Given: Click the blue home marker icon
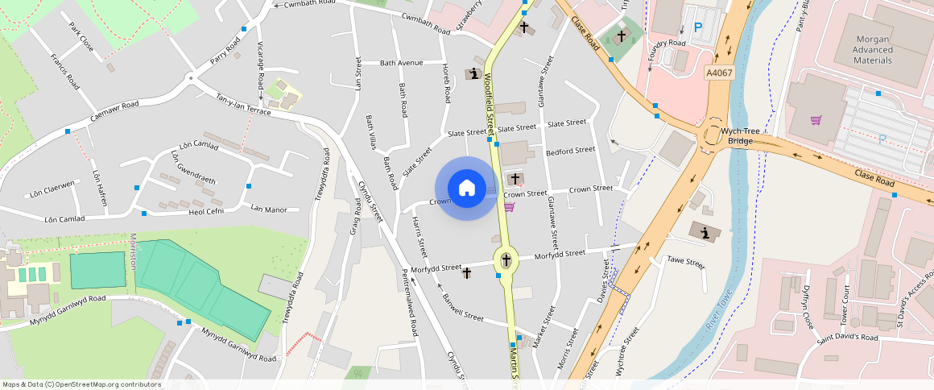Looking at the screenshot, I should click(x=466, y=189).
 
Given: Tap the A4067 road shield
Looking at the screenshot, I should click(x=719, y=73).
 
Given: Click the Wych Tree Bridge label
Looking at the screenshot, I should click(x=741, y=135).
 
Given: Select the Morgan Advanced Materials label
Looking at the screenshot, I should click(x=862, y=50).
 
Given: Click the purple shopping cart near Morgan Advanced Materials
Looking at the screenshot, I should click(x=817, y=120).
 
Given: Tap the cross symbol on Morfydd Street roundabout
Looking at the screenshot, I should click(x=506, y=260).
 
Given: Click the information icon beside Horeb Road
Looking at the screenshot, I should click(x=473, y=75).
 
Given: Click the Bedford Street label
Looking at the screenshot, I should click(x=570, y=150).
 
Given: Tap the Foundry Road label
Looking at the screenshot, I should click(x=667, y=43).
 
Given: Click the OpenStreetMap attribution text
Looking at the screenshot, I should click(x=81, y=384).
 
